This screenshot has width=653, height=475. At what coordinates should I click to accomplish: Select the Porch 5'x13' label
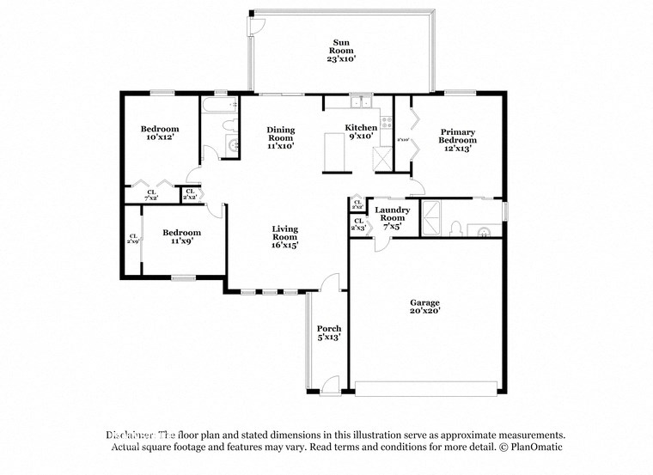coord(329,333)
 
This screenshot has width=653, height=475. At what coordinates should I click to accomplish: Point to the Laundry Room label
coord(392,218)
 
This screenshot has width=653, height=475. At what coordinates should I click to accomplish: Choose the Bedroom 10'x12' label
coord(160,133)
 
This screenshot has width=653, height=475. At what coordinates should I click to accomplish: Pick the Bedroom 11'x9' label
coord(182,237)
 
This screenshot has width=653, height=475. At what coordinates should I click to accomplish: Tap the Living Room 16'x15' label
coord(285,237)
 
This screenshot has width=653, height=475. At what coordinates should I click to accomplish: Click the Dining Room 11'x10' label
coord(281,138)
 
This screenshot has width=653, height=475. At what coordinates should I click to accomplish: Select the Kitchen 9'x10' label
coord(361,131)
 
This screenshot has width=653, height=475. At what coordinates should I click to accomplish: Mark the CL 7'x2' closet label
coord(151,195)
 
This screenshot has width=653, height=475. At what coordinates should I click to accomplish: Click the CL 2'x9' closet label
coord(133,240)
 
